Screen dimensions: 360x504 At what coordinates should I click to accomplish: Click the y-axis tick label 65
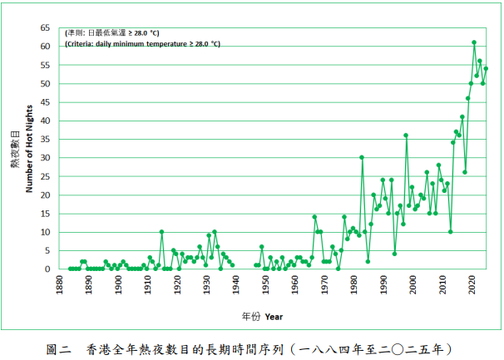(x=46, y=27)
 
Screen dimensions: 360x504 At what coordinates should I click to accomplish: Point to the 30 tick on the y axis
(x=46, y=157)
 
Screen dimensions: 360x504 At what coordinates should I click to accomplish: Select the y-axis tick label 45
(x=46, y=102)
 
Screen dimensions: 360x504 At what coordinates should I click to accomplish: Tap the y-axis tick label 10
(x=46, y=232)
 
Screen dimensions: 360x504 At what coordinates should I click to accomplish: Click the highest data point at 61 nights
(x=474, y=42)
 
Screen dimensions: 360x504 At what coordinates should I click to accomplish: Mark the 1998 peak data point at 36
(x=406, y=136)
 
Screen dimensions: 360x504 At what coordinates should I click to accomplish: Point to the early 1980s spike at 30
(x=362, y=157)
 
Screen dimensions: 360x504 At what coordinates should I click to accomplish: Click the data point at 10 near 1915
(x=161, y=232)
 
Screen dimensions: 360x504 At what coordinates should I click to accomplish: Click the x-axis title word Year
(x=274, y=317)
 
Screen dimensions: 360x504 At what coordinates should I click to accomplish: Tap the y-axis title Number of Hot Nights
(x=29, y=149)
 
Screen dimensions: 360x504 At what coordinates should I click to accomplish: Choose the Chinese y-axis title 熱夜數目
(x=15, y=150)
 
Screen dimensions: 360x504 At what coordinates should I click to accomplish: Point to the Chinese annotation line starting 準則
(x=112, y=32)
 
